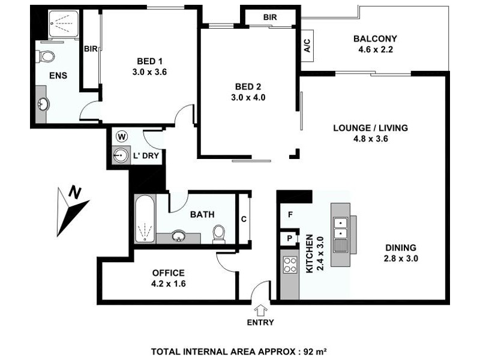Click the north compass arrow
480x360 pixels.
click(x=71, y=210)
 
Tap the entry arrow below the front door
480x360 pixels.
click(x=260, y=310)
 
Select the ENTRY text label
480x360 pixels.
click(x=260, y=322)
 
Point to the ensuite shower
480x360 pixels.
click(x=59, y=25)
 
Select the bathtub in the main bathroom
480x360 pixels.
click(x=145, y=219)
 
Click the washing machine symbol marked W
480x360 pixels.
click(x=122, y=136)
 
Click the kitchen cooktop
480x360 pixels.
click(x=290, y=265)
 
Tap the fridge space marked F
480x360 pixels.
click(x=290, y=214)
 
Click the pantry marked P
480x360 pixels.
click(x=290, y=238)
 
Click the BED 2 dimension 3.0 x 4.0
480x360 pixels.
click(x=248, y=97)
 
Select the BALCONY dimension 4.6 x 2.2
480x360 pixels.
click(x=375, y=50)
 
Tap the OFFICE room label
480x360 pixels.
click(x=169, y=273)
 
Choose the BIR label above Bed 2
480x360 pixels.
click(x=269, y=17)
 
